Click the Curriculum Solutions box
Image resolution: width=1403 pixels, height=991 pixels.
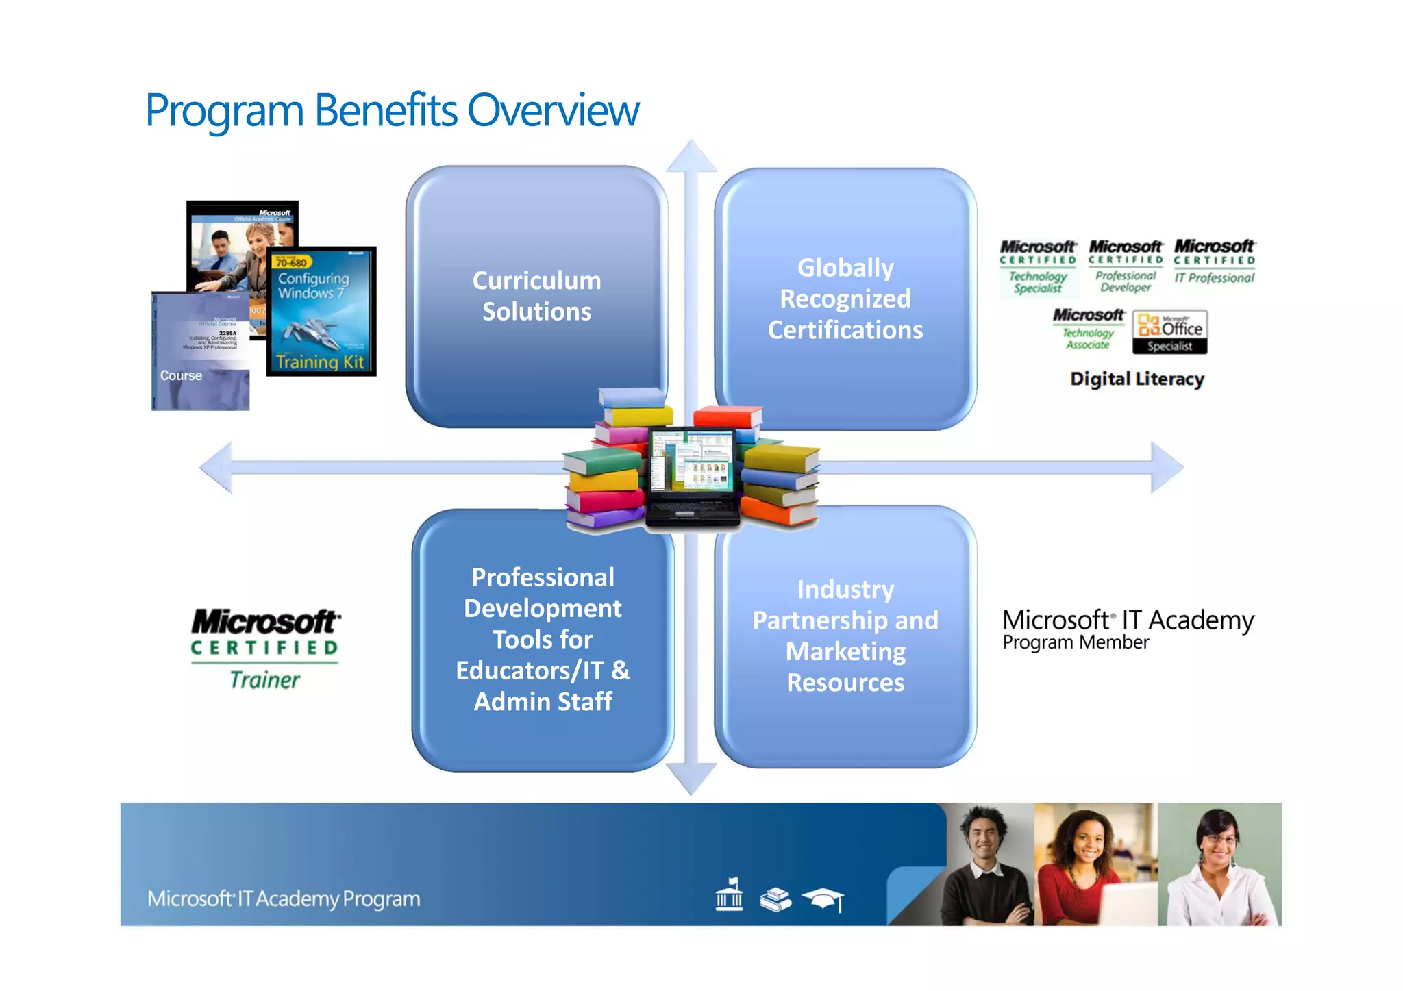[x=536, y=296]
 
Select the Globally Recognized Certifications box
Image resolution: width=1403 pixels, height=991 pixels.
[x=845, y=299]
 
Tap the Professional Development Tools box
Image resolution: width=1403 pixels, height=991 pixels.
[x=543, y=639]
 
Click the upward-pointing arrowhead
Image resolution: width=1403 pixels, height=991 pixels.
[x=691, y=157]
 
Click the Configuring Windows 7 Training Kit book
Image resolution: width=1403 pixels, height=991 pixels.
[x=321, y=312]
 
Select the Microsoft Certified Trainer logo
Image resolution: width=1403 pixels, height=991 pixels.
[x=265, y=648]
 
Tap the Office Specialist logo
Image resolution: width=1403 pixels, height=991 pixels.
[x=1169, y=331]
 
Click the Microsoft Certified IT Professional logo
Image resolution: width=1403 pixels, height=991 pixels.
[x=1215, y=262]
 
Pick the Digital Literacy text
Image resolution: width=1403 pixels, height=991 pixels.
[x=1137, y=379]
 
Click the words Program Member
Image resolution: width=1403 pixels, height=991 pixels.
[x=1076, y=642]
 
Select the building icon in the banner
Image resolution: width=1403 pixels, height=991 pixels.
[x=729, y=895]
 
